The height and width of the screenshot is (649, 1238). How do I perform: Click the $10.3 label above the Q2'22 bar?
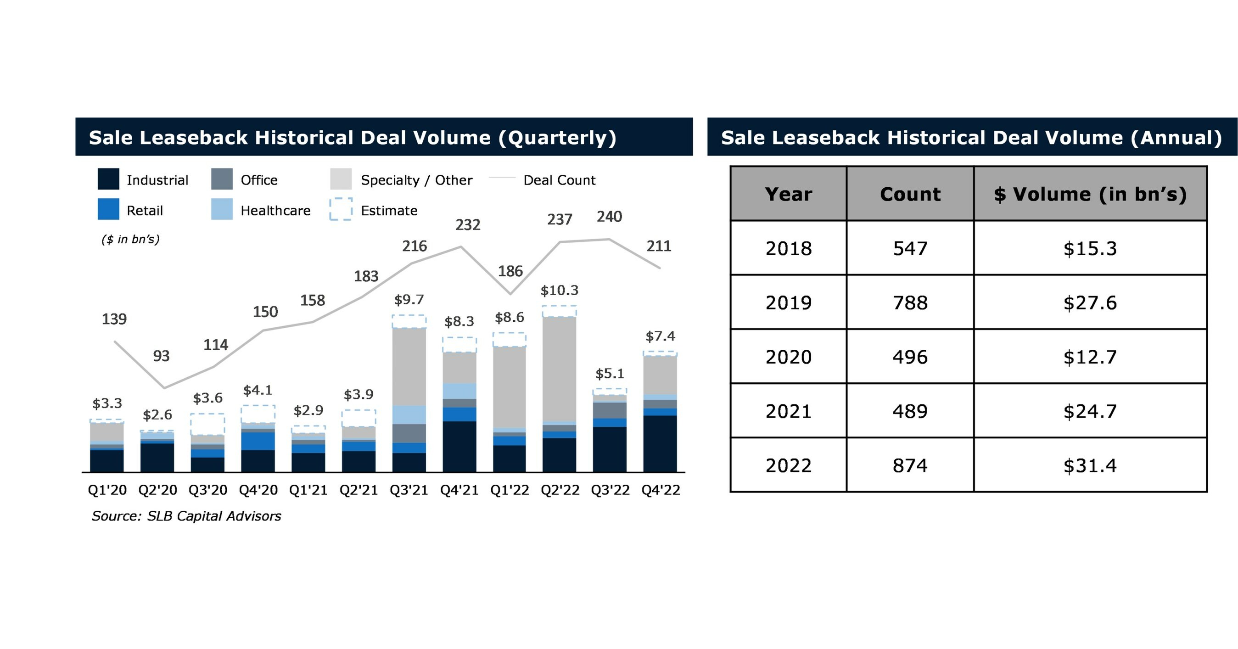pos(560,290)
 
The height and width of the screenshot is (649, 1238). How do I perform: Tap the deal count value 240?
pos(609,217)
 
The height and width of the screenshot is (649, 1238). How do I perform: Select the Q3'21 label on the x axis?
pos(409,490)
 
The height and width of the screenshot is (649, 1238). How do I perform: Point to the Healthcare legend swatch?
pos(222,209)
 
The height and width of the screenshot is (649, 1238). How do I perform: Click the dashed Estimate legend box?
pos(341,209)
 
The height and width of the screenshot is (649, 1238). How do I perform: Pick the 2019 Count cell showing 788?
pos(910,302)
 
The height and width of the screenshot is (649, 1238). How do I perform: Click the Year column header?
pos(788,194)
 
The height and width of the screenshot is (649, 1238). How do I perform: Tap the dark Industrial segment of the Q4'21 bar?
pos(459,446)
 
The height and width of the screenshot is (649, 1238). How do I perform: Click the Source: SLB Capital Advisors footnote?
pos(186,516)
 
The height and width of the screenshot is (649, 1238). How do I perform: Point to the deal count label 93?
pos(161,356)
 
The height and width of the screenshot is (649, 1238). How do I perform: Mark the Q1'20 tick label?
pos(107,490)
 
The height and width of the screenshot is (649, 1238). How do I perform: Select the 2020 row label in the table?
pos(788,357)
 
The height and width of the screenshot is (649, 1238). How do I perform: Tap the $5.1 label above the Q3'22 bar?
pos(610,373)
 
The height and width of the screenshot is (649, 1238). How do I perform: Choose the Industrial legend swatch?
pos(108,179)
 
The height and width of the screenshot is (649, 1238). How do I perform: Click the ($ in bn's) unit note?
pos(130,239)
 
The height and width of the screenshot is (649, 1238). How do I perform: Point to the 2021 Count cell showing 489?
pos(910,411)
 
